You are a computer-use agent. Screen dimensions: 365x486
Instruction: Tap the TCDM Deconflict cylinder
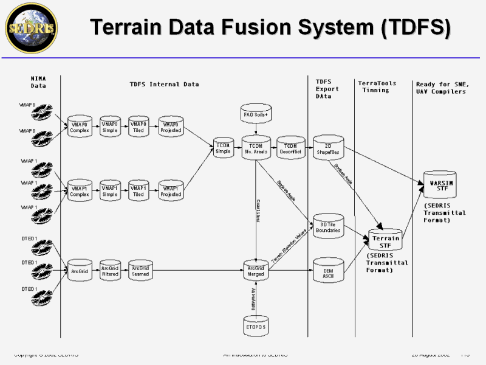(290, 148)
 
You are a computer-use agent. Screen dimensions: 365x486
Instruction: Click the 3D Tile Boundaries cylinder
(327, 227)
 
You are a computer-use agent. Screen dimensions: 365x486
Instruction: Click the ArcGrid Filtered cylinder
(110, 271)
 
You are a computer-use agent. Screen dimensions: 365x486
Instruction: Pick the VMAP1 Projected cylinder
(171, 191)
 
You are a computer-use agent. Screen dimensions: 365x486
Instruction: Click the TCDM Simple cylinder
(223, 148)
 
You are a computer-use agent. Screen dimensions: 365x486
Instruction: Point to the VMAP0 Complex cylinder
(80, 127)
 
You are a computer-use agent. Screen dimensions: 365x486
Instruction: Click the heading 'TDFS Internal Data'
(164, 84)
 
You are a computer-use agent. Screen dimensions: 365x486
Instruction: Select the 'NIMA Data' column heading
(38, 82)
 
